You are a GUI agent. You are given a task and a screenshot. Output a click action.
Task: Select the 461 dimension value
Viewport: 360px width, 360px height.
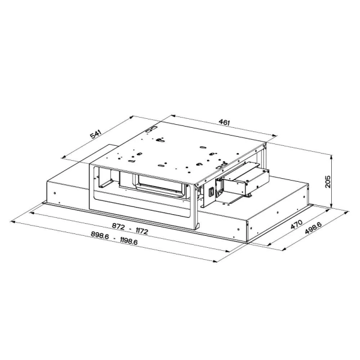tap(224, 122)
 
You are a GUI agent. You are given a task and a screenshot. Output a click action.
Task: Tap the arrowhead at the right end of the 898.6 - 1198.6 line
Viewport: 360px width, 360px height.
tap(215, 260)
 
